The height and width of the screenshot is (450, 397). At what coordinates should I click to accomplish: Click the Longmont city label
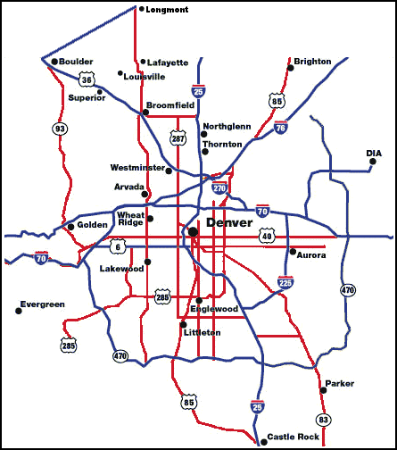click(167, 9)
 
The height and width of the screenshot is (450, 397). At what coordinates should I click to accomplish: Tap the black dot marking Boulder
click(54, 62)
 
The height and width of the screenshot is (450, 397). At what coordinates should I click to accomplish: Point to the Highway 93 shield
click(61, 129)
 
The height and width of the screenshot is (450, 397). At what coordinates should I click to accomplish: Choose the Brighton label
click(312, 62)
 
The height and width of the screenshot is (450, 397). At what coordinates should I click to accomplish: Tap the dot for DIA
click(373, 162)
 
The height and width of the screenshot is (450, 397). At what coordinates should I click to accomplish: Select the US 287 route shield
click(178, 137)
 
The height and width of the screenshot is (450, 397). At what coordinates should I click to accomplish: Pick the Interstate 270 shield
click(219, 188)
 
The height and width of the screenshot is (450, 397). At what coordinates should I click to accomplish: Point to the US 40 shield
click(267, 234)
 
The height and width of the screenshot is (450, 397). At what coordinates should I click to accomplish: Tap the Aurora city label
click(311, 254)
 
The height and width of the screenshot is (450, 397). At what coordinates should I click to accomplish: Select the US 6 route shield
click(118, 246)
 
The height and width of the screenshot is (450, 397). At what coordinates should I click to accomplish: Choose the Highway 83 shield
click(323, 420)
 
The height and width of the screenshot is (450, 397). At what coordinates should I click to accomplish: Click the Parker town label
click(339, 384)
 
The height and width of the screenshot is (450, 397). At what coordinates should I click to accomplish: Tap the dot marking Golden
click(70, 227)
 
